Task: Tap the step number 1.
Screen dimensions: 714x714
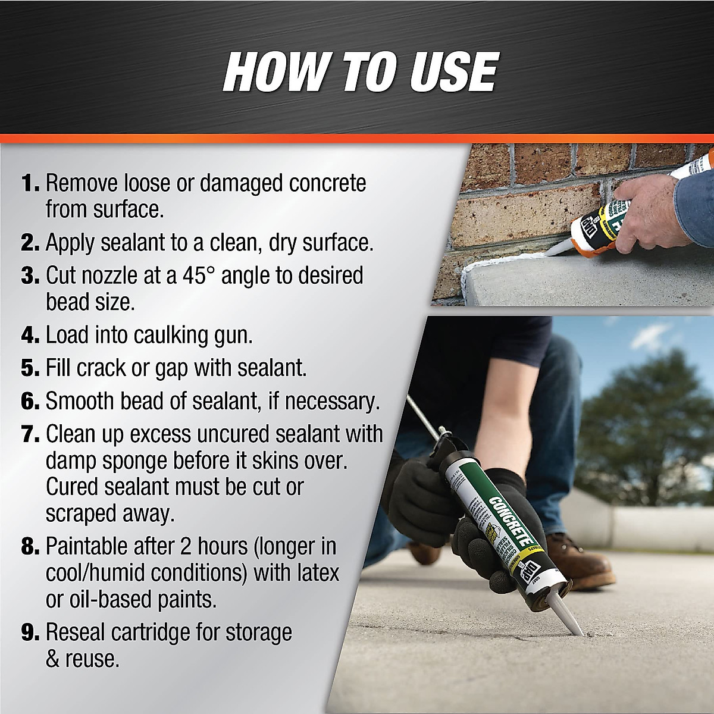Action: tap(30, 183)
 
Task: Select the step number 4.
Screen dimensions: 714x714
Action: tap(30, 335)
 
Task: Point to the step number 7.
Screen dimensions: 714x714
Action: tap(30, 434)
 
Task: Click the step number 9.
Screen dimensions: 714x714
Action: tap(30, 632)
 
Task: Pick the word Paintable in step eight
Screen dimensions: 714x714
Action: tap(87, 546)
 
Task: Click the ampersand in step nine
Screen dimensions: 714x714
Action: tap(54, 659)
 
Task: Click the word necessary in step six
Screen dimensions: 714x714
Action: tap(331, 401)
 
